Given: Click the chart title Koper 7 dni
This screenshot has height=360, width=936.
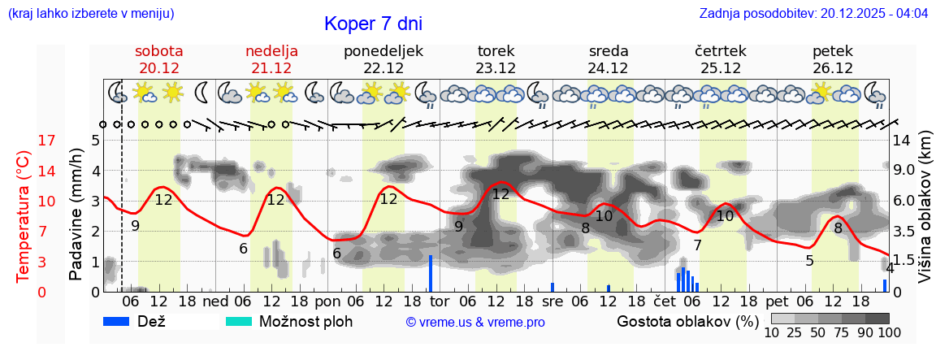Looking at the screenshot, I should [x=373, y=24].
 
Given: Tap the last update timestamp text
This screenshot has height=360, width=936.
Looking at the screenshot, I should [x=813, y=14].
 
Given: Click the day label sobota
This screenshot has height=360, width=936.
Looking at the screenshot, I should [x=158, y=51].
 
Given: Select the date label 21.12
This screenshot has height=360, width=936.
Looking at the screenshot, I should [x=271, y=68].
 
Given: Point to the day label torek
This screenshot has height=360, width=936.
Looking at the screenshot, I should [x=496, y=51].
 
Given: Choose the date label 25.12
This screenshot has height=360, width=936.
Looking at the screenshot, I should [x=720, y=68].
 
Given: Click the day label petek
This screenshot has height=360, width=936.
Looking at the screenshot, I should [x=832, y=51].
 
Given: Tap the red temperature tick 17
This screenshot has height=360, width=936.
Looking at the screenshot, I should [x=24, y=141].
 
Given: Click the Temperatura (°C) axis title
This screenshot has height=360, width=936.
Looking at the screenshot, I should [x=23, y=216].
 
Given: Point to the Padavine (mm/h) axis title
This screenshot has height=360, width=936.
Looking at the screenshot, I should [x=76, y=215].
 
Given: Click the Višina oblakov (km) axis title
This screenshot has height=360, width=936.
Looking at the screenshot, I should [x=925, y=208].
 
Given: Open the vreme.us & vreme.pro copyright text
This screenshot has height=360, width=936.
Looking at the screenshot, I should [x=475, y=323].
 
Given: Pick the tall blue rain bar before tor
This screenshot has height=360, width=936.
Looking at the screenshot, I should [x=430, y=273].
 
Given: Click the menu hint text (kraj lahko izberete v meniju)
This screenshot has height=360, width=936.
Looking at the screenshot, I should [x=91, y=14].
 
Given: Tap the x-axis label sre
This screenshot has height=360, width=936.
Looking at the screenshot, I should [x=552, y=302].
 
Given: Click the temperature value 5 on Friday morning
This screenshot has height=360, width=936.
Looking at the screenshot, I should [x=809, y=261].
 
